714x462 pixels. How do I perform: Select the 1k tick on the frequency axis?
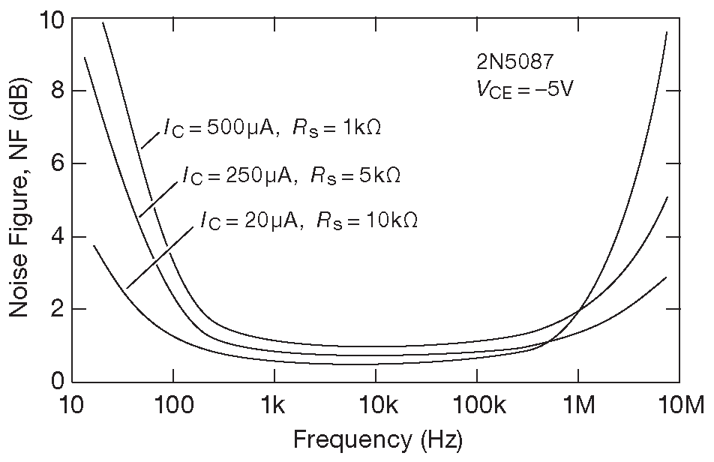[x=274, y=406]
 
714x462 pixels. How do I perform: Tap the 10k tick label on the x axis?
[x=375, y=406]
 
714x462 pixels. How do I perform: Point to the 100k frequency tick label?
[x=476, y=406]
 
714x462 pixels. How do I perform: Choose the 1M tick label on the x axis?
[x=578, y=406]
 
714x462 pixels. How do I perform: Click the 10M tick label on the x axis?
[x=679, y=406]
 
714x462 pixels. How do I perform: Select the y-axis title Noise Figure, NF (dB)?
[x=19, y=200]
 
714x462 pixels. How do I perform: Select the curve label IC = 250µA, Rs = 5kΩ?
[x=291, y=175]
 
